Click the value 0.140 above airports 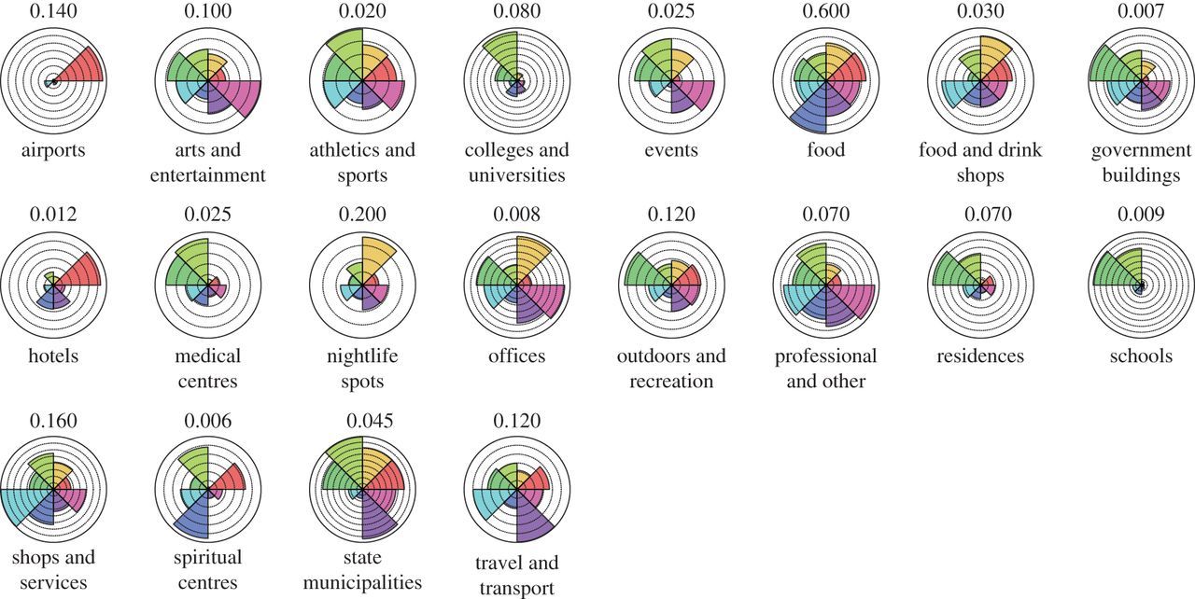tap(54, 13)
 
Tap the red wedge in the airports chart tap(79, 68)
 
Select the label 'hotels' tap(54, 355)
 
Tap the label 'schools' tap(1142, 355)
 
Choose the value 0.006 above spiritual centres tap(208, 421)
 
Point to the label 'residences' tap(982, 355)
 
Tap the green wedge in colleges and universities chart tap(505, 57)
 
